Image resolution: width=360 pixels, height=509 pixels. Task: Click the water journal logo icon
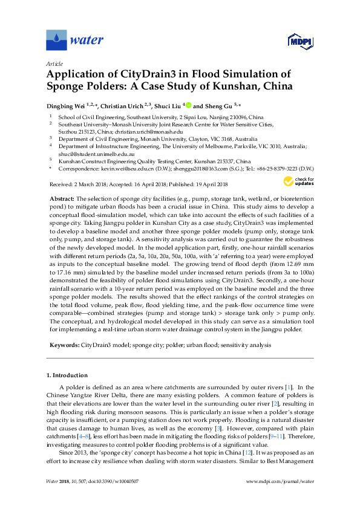[x=56, y=41]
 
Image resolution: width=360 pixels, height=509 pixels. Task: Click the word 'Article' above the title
[x=54, y=63]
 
